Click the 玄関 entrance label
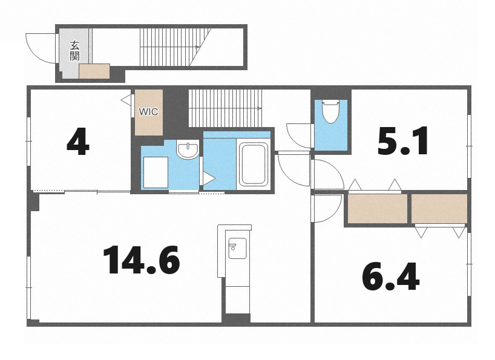75,50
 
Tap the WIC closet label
148,112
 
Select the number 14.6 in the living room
142,260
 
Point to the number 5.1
403,141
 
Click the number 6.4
391,277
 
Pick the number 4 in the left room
78,142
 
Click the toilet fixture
330,111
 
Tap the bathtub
254,164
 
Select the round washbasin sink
188,149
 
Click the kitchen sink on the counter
237,248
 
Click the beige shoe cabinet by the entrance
94,71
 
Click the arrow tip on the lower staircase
260,108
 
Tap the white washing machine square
156,172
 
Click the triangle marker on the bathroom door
208,178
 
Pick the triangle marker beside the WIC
126,100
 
